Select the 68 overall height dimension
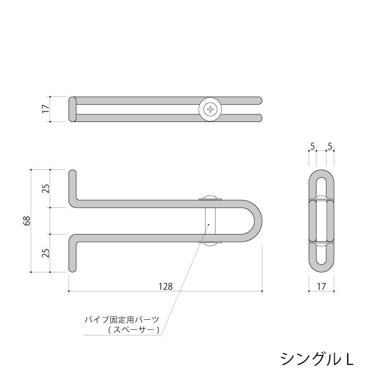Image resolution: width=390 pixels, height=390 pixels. [x=26, y=221]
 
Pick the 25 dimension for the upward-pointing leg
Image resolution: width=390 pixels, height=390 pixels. [x=46, y=188]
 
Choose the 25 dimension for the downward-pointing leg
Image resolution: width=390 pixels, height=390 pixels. [x=46, y=252]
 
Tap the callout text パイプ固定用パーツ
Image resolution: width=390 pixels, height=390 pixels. [x=121, y=320]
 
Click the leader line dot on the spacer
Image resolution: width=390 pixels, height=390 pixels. [x=208, y=225]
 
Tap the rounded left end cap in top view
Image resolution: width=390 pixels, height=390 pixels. [x=72, y=109]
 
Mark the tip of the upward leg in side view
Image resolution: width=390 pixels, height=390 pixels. [x=72, y=173]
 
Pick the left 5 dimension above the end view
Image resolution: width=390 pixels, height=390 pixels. [x=313, y=146]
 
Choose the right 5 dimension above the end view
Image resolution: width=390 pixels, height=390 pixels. [x=330, y=146]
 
